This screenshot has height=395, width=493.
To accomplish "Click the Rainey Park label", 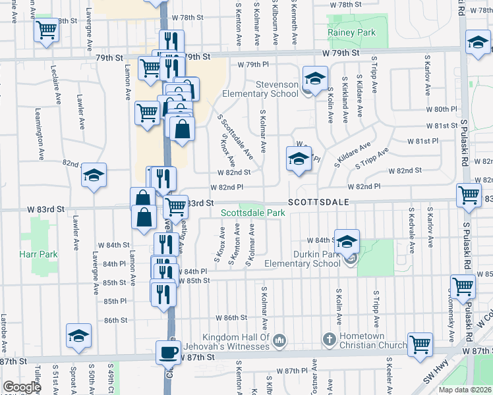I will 351,32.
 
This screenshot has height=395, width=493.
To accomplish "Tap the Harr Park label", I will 38,255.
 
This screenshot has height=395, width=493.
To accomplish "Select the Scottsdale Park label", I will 248,213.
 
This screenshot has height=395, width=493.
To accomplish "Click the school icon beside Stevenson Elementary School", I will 315,78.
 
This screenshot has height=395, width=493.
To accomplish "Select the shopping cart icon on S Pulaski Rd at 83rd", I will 469,195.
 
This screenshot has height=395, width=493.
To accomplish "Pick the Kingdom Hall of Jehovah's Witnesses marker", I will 279,340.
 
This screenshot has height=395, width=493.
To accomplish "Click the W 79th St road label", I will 340,52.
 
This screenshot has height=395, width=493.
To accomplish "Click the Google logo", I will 21,387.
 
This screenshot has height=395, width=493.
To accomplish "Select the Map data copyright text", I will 465,390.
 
